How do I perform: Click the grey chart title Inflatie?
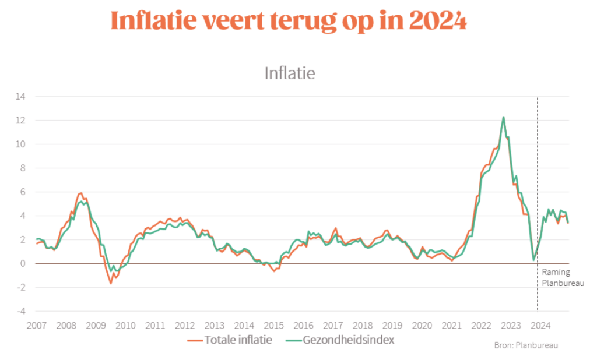pos(290,74)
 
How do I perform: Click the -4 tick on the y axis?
pos(21,312)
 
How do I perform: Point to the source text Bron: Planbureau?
pos(526,345)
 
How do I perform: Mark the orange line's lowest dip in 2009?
pos(111,283)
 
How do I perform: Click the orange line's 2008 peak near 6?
pos(80,193)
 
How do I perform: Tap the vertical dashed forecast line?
pos(537,175)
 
